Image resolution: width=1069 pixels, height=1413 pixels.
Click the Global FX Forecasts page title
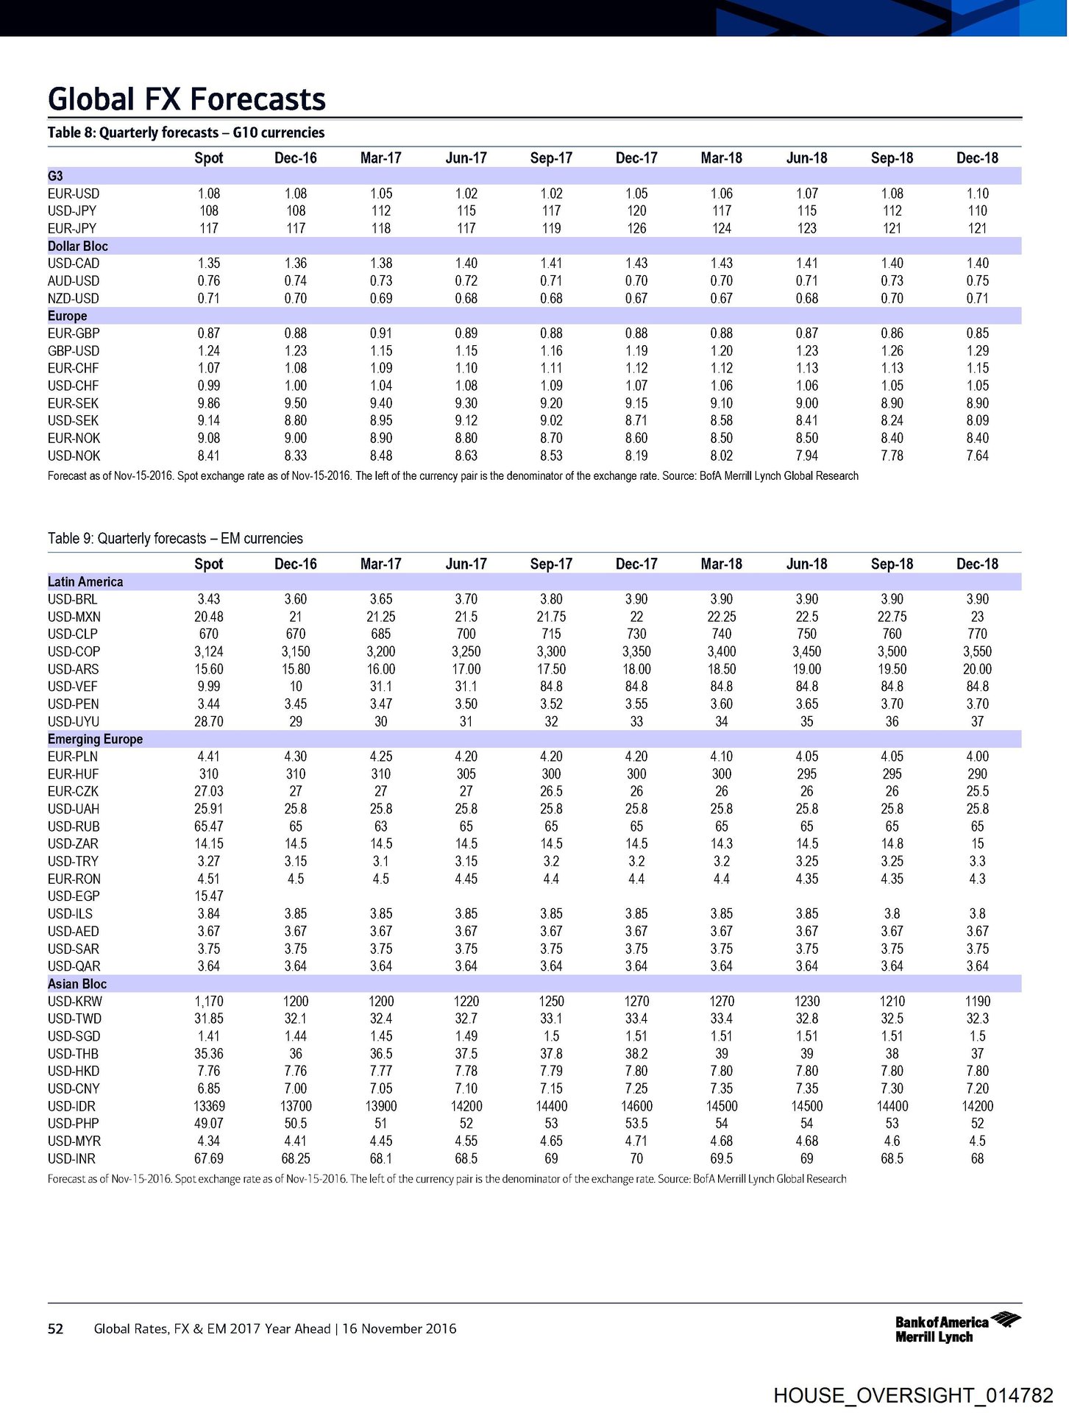(187, 99)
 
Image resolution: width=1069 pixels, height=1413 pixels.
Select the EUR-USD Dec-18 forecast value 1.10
(977, 194)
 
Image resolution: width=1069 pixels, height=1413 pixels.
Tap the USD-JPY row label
(72, 211)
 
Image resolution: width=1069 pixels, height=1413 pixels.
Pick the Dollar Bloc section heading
(78, 247)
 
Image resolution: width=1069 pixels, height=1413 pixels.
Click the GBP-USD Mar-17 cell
(381, 351)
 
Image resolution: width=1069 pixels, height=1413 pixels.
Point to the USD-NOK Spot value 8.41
(209, 456)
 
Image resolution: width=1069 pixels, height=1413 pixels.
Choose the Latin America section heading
(85, 582)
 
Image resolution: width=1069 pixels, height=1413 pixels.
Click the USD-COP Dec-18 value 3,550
(977, 652)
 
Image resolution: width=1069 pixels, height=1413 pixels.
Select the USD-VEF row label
(73, 687)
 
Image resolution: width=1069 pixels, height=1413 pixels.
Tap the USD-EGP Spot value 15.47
(209, 896)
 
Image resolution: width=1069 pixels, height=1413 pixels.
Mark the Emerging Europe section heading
(96, 740)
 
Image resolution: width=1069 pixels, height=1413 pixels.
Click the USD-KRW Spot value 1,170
(209, 1002)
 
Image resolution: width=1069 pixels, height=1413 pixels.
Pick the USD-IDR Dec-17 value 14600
(636, 1106)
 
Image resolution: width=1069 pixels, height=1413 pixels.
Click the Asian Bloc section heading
(77, 984)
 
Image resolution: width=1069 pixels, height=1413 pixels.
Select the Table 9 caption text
(175, 539)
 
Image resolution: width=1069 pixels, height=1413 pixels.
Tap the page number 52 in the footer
(55, 1328)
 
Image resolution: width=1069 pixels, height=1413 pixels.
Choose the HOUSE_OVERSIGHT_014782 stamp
(913, 1395)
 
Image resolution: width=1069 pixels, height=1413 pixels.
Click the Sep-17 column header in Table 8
(551, 158)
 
